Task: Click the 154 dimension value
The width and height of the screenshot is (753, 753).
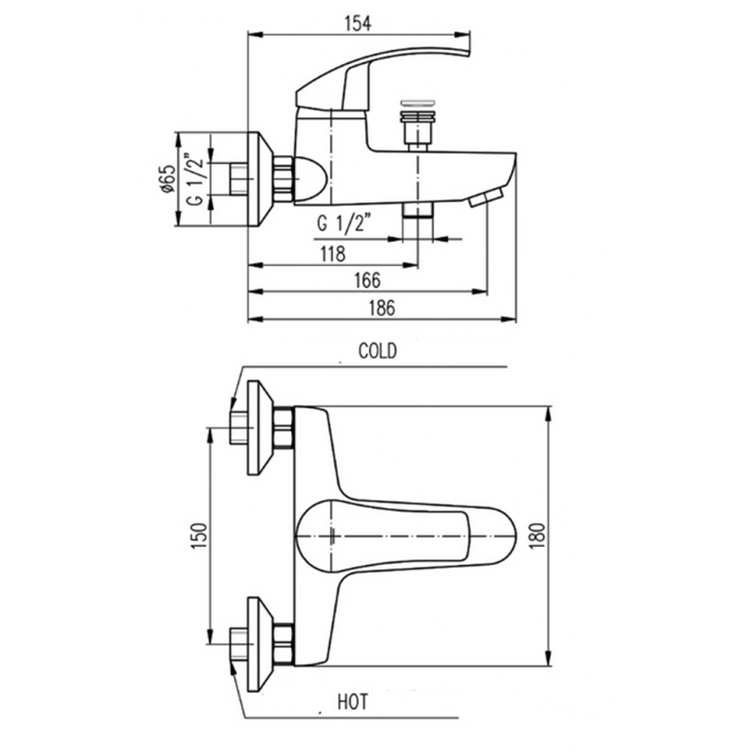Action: coord(359,23)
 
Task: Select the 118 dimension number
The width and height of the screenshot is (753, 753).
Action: coord(333,253)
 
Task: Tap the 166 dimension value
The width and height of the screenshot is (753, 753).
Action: coord(367,280)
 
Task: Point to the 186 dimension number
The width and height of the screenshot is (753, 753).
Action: coord(382,308)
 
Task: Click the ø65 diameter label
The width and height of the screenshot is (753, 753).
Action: coord(168,179)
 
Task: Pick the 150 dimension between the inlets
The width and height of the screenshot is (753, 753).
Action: coord(200,536)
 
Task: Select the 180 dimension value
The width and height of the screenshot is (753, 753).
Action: coord(538,536)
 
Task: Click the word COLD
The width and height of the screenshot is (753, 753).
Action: coord(377,351)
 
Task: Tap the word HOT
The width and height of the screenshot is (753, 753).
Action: coord(352,701)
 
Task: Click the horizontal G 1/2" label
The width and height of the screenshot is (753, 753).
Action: coord(344,223)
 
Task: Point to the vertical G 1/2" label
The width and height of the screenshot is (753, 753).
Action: coord(198,180)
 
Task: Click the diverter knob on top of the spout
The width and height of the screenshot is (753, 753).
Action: coord(418,125)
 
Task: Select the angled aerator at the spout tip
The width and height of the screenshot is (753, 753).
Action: coord(486,198)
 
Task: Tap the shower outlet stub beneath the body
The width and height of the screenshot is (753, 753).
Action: coord(418,210)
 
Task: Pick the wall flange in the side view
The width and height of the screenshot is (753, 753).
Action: coord(261,179)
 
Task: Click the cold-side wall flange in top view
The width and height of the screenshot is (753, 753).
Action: coord(260,427)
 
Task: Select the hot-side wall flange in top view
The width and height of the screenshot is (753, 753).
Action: coord(260,644)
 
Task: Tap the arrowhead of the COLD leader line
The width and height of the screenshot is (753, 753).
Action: coord(233,404)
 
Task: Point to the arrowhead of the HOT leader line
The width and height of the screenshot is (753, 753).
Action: coord(233,668)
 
